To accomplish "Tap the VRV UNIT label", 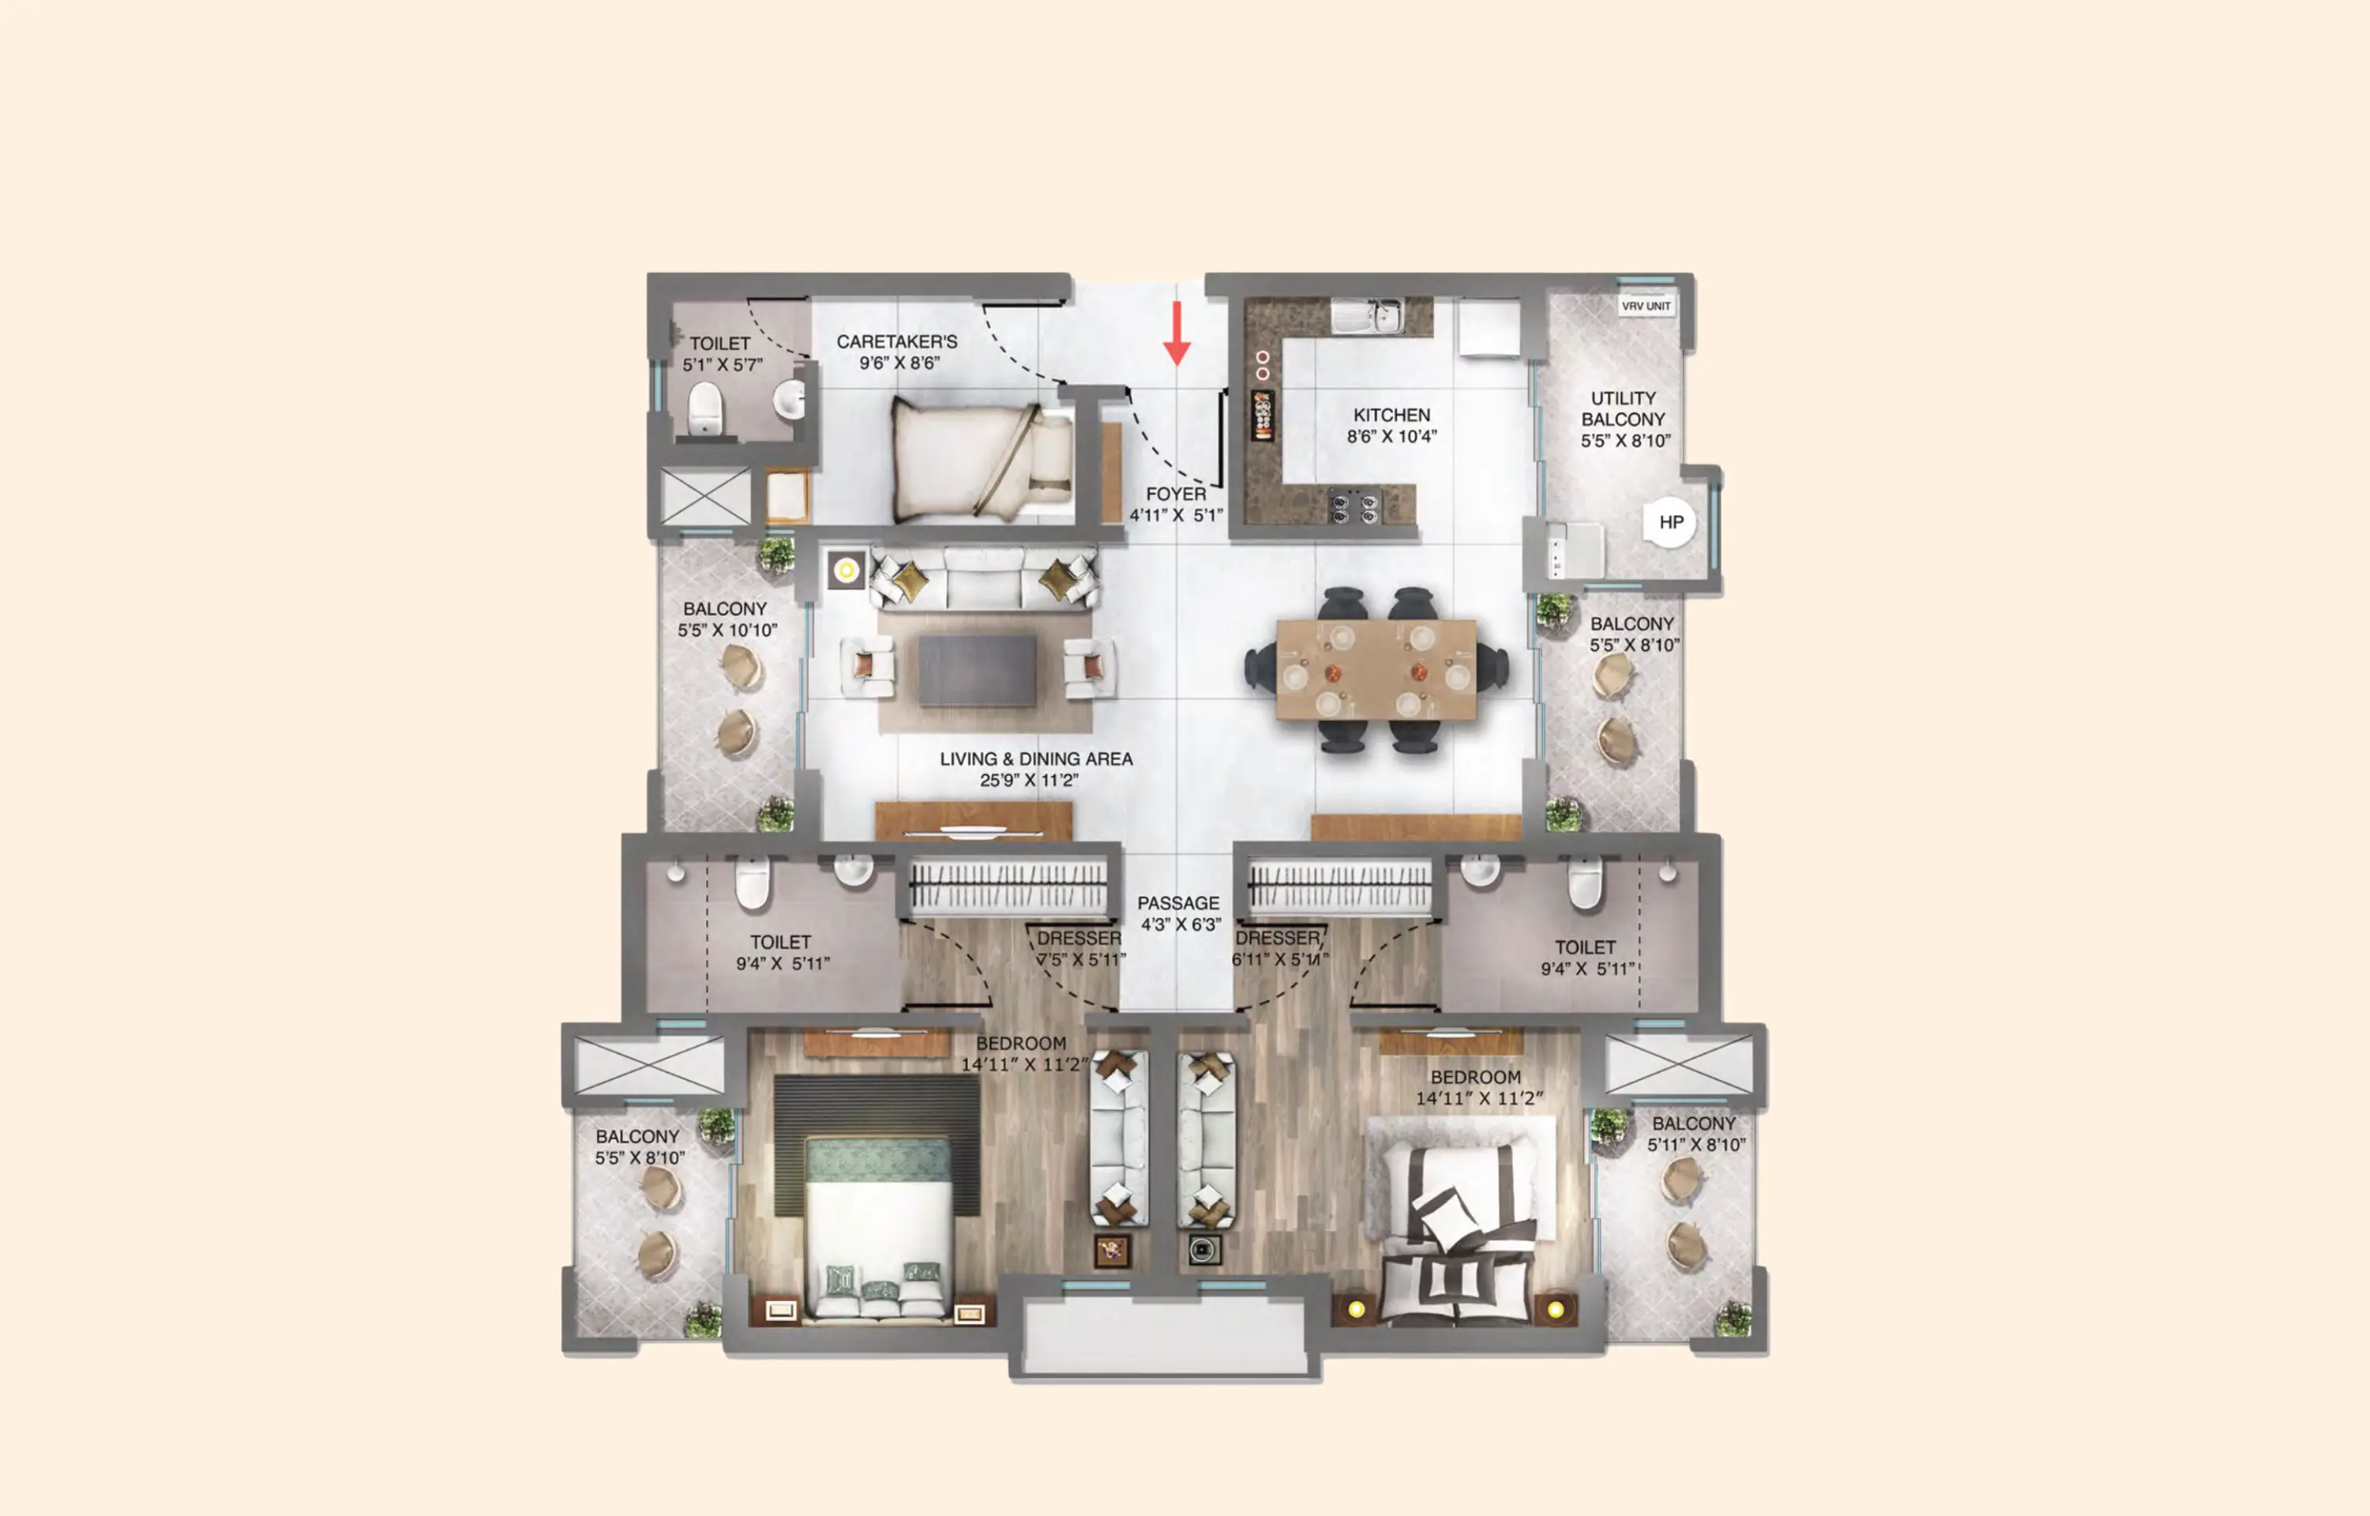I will click(x=1646, y=306).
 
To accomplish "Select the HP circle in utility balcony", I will click(x=1670, y=523).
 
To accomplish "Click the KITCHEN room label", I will click(x=1391, y=415).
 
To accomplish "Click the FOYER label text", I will click(x=1176, y=494).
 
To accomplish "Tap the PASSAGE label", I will click(x=1178, y=902).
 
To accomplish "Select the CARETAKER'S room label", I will click(x=896, y=342).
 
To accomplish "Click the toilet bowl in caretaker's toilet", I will click(x=704, y=407).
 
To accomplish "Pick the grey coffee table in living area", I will click(x=976, y=670).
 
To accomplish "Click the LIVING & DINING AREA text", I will click(x=1036, y=759).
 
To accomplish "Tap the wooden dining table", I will click(x=1375, y=670).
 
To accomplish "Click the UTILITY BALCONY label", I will click(x=1623, y=408).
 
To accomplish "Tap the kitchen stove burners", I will click(x=1354, y=508).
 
